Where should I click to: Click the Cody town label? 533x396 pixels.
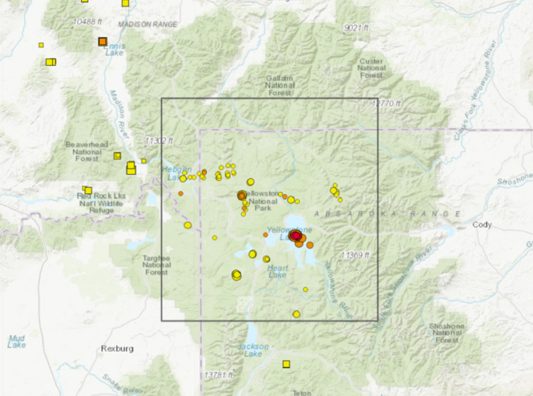pyautogui.click(x=482, y=225)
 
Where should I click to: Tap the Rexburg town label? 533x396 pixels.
pyautogui.click(x=116, y=348)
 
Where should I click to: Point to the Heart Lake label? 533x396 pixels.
pyautogui.click(x=277, y=271)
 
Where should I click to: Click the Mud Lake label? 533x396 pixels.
pyautogui.click(x=17, y=341)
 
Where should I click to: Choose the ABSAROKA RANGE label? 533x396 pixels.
pyautogui.click(x=389, y=214)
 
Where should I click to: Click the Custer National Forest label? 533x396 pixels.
pyautogui.click(x=371, y=68)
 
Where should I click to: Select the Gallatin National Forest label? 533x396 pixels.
pyautogui.click(x=279, y=85)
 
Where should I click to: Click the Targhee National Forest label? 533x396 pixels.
pyautogui.click(x=156, y=264)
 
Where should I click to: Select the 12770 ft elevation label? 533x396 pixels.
pyautogui.click(x=387, y=104)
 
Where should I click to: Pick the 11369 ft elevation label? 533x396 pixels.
pyautogui.click(x=355, y=255)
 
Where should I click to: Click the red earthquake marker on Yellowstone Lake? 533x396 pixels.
pyautogui.click(x=296, y=236)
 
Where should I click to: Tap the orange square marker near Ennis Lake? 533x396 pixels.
pyautogui.click(x=102, y=42)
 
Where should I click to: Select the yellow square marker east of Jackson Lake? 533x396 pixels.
pyautogui.click(x=286, y=363)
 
